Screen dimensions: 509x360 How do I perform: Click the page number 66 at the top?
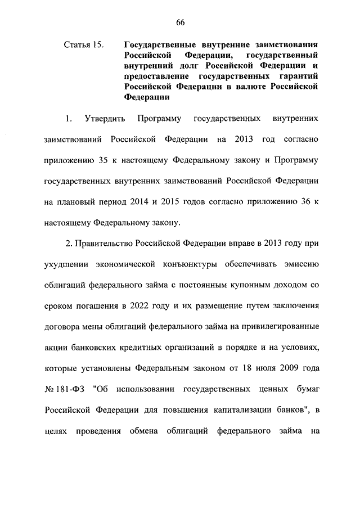pyautogui.click(x=180, y=22)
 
